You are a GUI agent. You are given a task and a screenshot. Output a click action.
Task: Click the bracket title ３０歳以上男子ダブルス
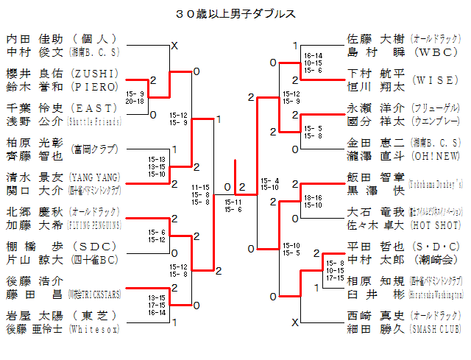(x=235, y=13)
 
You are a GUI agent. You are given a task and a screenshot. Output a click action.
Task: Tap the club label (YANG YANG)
(x=95, y=177)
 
